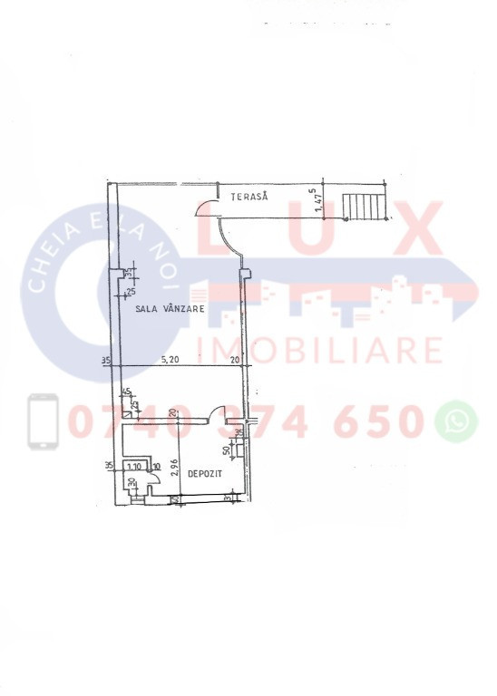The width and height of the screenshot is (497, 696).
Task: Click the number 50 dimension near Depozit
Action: click(x=228, y=450)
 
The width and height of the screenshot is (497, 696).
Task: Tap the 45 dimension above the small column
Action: click(x=127, y=392)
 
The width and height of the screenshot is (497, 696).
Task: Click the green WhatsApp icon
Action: click(x=456, y=420)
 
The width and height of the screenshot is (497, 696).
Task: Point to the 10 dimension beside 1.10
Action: click(x=156, y=468)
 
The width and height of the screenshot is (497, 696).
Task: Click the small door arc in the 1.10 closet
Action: click(x=143, y=481)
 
